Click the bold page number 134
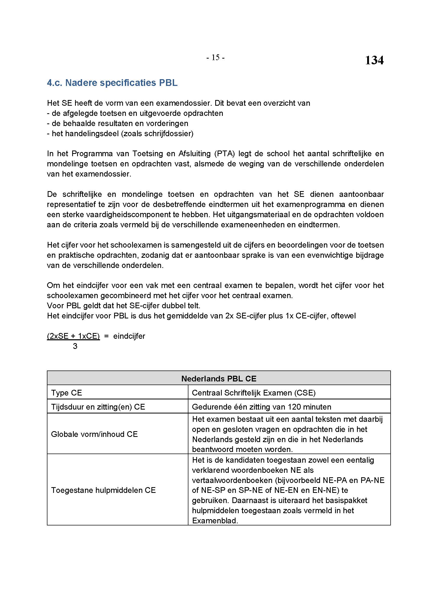[374, 60]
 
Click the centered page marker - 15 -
[215, 58]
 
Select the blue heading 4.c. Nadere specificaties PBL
[112, 83]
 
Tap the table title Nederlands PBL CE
[219, 379]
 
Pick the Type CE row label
[66, 393]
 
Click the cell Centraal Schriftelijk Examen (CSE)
[254, 393]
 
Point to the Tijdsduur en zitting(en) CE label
[98, 407]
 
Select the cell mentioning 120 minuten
[261, 407]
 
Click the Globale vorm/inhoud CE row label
[94, 434]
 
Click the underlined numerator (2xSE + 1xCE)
[73, 336]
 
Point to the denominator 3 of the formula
[75, 346]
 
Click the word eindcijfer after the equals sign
[129, 336]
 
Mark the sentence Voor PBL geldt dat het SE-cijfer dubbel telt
[124, 306]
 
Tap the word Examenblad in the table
[214, 520]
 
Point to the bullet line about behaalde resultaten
[118, 123]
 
